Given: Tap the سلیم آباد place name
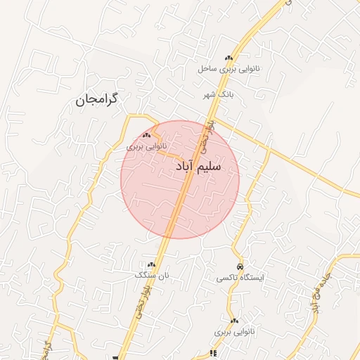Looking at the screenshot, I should click(197, 167).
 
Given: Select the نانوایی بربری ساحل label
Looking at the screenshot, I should click(229, 69).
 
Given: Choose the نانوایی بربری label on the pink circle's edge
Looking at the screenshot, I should click(144, 147).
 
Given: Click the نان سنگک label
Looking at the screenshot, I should click(153, 276).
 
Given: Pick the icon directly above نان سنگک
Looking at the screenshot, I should click(152, 264).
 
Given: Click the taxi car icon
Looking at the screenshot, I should click(240, 267).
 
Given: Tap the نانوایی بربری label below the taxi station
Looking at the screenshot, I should click(232, 330).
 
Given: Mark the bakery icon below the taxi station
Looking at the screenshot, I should click(234, 320).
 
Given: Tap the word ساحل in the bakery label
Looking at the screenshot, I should click(206, 69).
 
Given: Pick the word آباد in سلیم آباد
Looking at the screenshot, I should click(182, 167).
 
